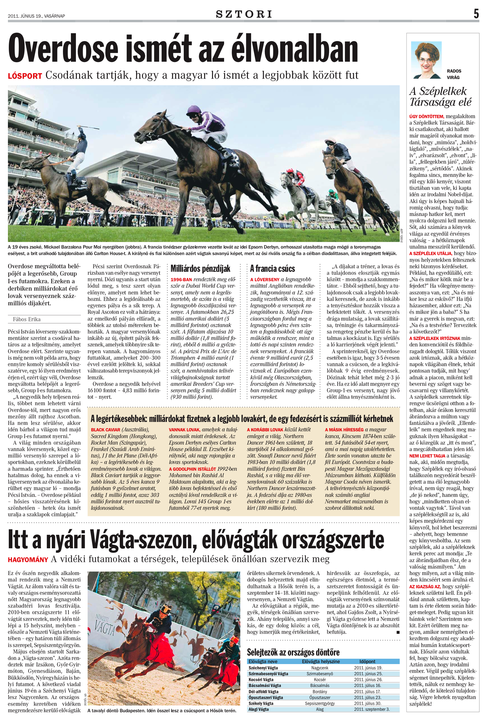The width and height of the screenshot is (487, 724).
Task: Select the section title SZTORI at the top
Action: click(244, 14)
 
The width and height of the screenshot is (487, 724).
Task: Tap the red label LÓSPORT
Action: click(25, 76)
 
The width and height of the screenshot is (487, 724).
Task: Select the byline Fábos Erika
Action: click(27, 319)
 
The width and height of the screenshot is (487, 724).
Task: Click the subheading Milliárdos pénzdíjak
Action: click(201, 269)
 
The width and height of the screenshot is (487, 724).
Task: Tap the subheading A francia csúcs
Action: click(272, 269)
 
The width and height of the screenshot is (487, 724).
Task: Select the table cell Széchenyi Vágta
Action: click(263, 668)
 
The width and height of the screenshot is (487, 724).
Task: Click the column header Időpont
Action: click(367, 661)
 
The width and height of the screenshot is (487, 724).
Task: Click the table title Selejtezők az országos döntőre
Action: click(293, 652)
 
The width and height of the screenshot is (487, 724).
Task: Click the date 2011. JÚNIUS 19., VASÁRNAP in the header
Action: click(37, 16)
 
